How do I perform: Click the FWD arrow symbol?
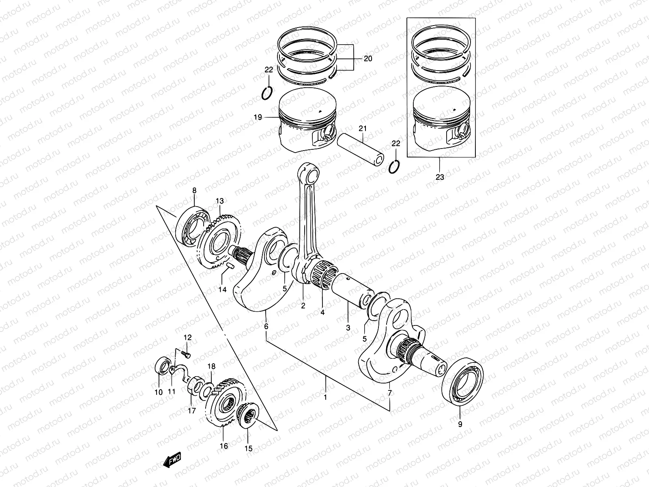[x=172, y=459]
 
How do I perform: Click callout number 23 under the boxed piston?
[x=440, y=177]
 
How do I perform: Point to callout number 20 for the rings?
[x=367, y=58]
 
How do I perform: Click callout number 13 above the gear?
[x=219, y=201]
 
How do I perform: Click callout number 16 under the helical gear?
[x=224, y=446]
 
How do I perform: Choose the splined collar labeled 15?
[x=248, y=416]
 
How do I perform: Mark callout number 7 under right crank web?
[x=390, y=393]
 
